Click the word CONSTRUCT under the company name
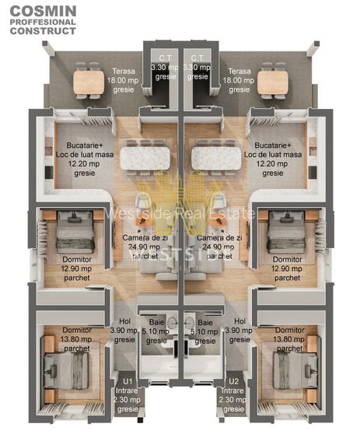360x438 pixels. pyautogui.click(x=44, y=33)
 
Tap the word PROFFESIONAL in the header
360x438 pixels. pyautogui.click(x=44, y=22)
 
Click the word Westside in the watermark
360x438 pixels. pyautogui.click(x=136, y=212)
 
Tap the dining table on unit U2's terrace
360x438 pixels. pyautogui.click(x=271, y=81)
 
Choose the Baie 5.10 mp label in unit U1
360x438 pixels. pyautogui.click(x=156, y=331)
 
